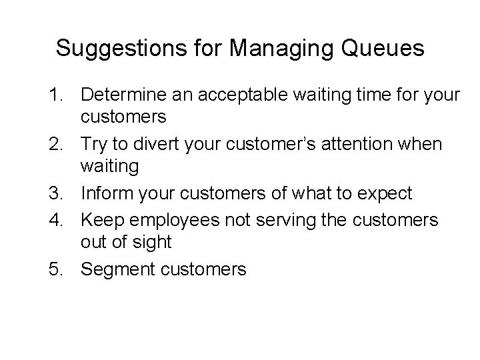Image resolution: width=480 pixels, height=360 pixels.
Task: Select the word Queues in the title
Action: click(x=387, y=48)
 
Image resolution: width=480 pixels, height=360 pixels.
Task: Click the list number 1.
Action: click(x=58, y=95)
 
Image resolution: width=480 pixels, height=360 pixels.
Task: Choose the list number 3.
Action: click(x=58, y=193)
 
